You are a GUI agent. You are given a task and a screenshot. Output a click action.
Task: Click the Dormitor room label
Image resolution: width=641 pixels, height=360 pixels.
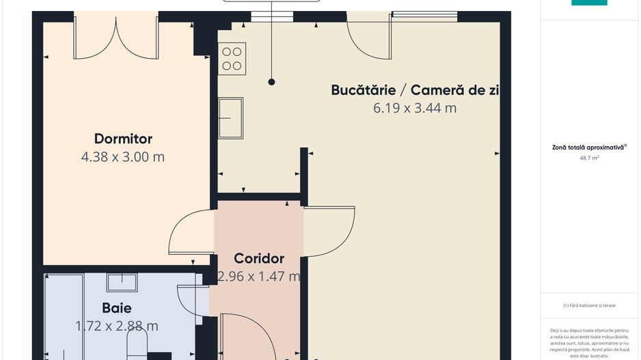tap(123, 139)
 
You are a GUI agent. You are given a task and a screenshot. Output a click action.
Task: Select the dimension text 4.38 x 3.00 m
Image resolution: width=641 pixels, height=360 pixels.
tap(123, 157)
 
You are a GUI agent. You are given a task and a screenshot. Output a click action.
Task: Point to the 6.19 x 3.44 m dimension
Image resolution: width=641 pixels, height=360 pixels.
tap(414, 108)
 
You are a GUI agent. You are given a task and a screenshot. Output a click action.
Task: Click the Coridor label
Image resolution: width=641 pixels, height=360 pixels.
tap(258, 259)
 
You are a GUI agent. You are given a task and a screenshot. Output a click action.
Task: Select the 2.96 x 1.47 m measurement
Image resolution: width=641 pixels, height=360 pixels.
tap(258, 277)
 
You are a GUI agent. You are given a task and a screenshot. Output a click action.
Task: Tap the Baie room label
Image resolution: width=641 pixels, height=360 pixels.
tap(116, 308)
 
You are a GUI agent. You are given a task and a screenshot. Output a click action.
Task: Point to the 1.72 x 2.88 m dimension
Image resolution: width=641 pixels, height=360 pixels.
tap(116, 326)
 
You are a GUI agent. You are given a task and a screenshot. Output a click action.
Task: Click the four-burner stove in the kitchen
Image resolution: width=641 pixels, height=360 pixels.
tap(232, 59)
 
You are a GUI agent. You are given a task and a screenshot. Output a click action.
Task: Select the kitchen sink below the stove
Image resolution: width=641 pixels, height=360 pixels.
tap(230, 117)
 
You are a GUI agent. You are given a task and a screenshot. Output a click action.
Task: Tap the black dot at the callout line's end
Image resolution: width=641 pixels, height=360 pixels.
tap(271, 82)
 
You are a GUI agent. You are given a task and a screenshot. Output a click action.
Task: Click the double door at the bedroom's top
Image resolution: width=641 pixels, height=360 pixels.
tap(117, 38)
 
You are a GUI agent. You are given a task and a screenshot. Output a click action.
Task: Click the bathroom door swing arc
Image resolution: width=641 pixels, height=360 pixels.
tap(191, 301)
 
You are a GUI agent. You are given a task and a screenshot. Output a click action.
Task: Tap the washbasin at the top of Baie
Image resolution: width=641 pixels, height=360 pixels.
tap(122, 282)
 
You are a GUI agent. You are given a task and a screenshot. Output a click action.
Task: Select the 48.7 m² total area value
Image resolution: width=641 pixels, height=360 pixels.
tap(589, 158)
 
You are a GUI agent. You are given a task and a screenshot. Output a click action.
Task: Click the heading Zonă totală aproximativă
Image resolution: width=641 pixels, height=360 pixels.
tap(588, 147)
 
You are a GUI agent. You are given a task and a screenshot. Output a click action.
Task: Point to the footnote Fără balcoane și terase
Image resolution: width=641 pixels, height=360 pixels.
tap(588, 305)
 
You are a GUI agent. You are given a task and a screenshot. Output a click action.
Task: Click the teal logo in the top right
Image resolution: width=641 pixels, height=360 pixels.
tap(588, 3)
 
